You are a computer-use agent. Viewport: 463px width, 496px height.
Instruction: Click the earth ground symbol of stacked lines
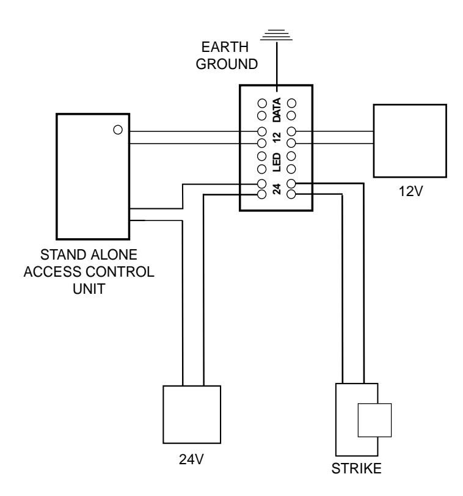276,35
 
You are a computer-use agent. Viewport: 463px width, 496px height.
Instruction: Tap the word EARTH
225,47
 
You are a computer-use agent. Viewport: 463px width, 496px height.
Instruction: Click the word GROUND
227,64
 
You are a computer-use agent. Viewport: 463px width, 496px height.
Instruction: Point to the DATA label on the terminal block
277,110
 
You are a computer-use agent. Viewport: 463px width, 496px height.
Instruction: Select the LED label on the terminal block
277,162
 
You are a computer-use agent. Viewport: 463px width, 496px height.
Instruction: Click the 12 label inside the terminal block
277,137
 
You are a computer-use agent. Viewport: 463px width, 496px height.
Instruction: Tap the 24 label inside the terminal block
277,189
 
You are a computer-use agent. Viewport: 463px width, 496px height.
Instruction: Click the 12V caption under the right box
410,191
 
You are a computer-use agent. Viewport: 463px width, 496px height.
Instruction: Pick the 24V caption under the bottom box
191,459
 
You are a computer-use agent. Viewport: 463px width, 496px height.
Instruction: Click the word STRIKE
357,469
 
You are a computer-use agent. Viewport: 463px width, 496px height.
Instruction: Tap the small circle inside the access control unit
118,129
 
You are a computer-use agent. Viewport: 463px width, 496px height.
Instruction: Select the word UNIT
89,289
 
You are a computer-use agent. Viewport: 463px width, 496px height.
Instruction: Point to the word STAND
64,255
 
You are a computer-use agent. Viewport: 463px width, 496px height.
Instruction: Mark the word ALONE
114,255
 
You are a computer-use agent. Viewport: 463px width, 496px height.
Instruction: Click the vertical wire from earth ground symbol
277,67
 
